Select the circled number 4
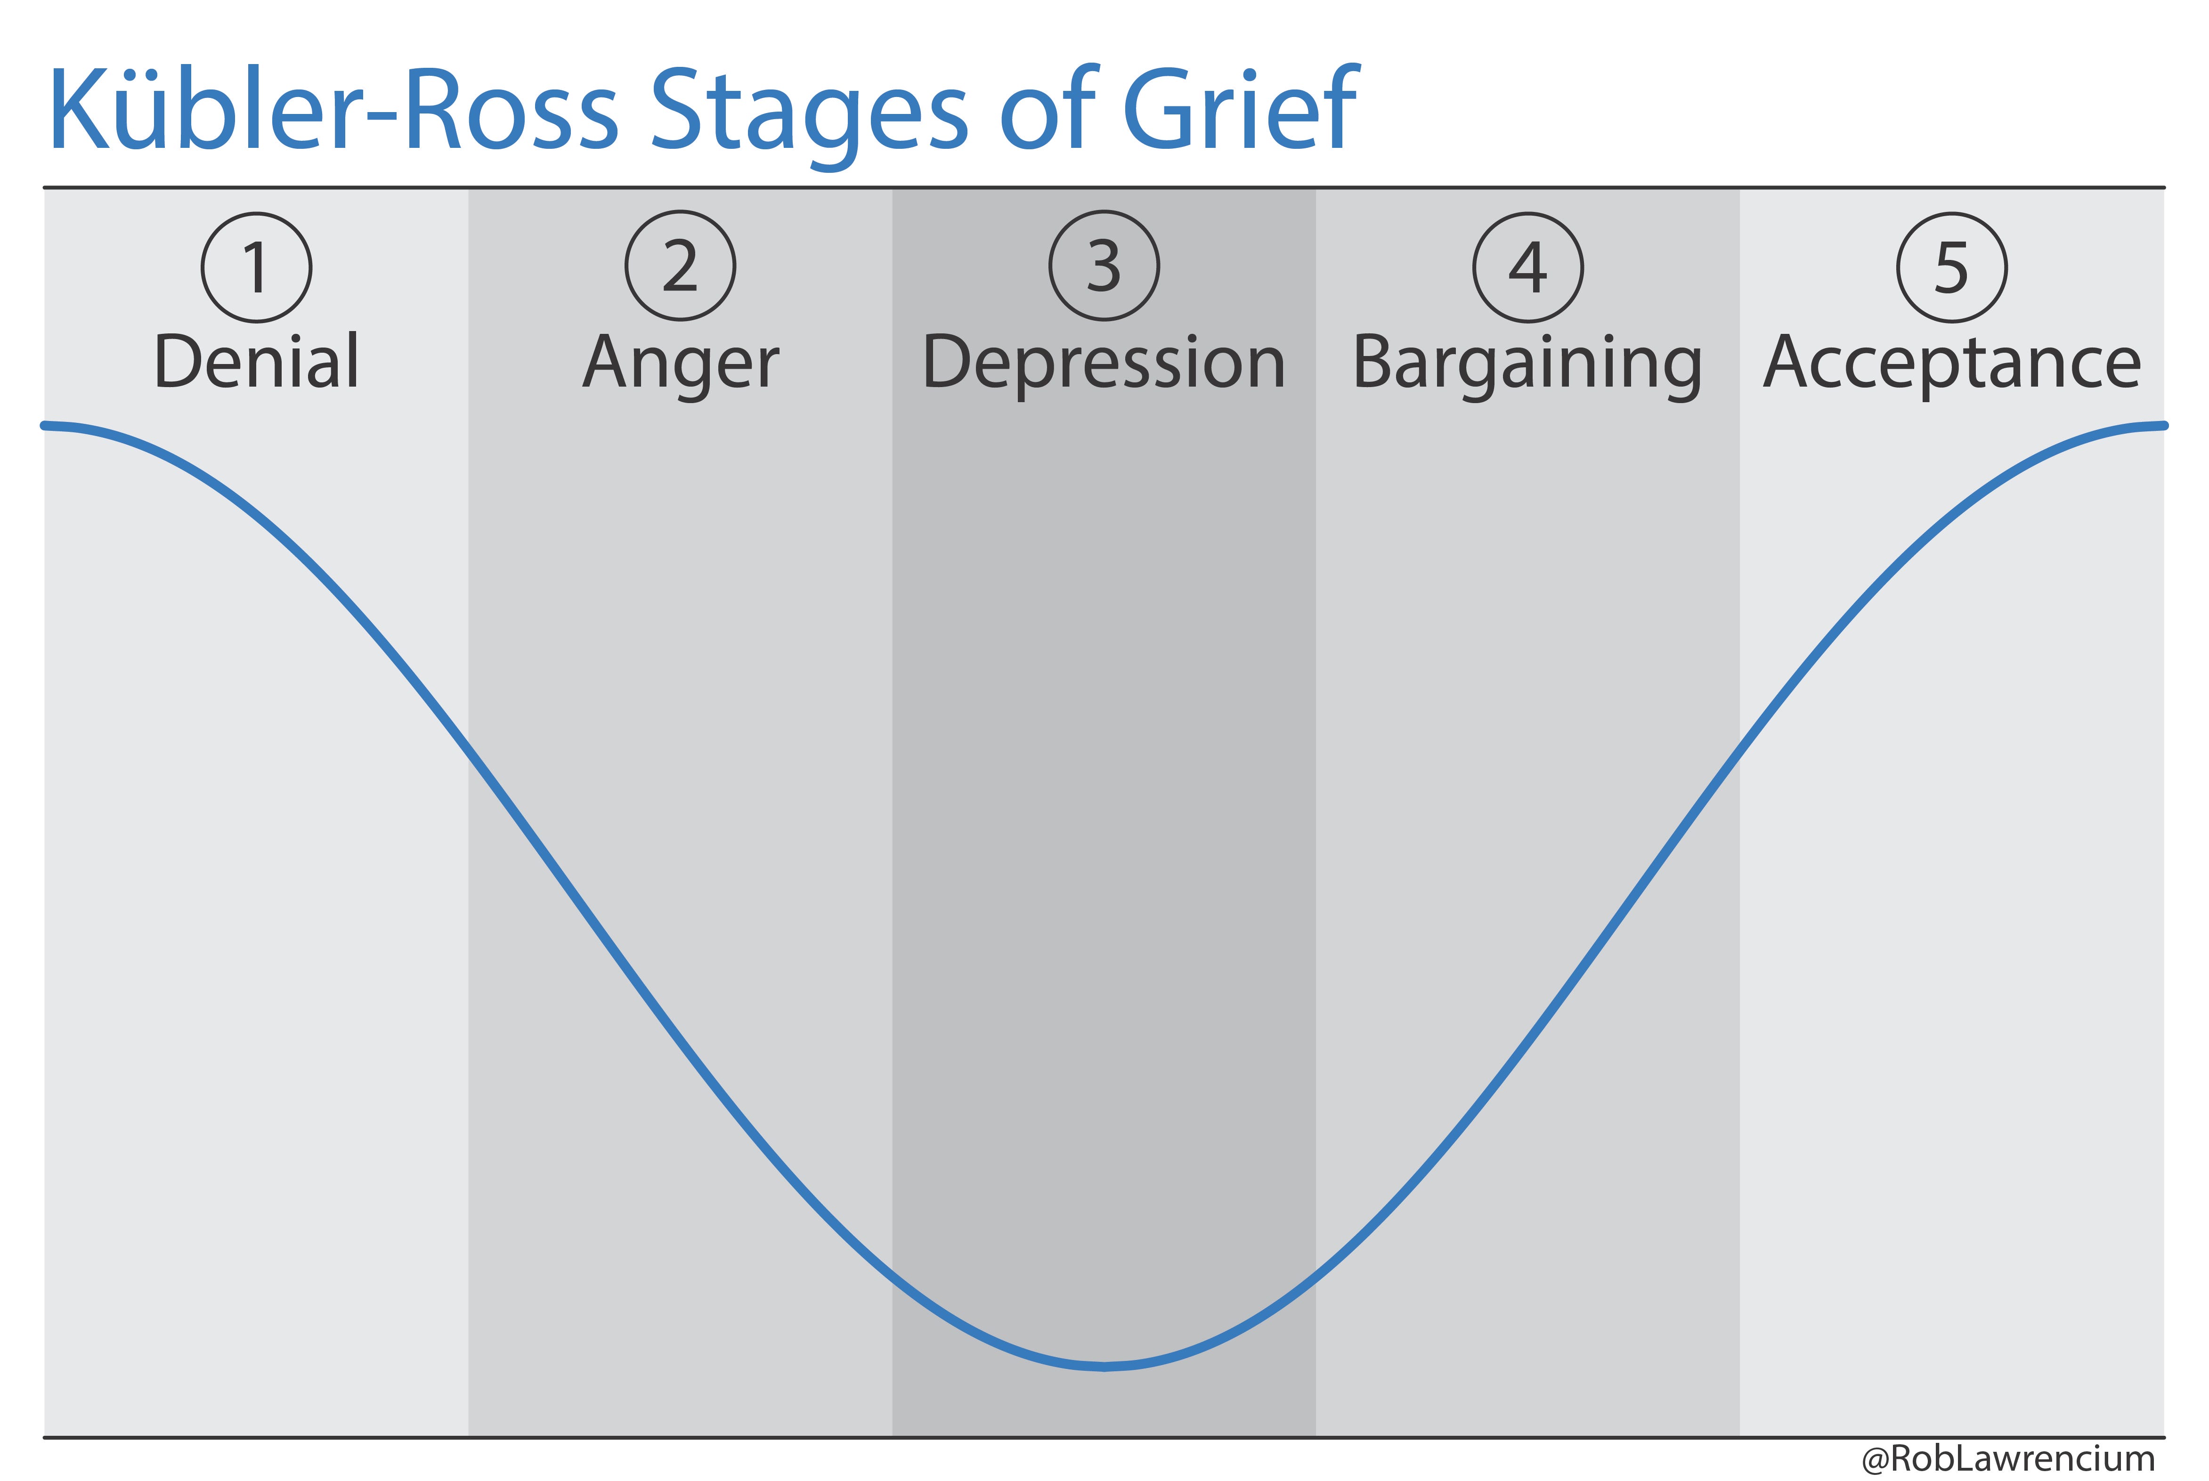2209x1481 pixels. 1528,267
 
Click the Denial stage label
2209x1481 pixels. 256,362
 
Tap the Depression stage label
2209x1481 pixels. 1104,364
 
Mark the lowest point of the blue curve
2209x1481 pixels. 1104,1366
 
